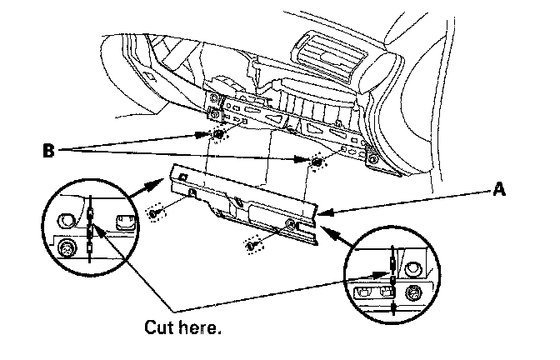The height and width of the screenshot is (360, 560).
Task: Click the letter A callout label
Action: point(498,190)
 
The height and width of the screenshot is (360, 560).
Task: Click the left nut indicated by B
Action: point(217,135)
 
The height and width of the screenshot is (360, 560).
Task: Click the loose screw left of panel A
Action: point(154,214)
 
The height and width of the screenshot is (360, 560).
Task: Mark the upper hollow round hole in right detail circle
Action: point(412,268)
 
